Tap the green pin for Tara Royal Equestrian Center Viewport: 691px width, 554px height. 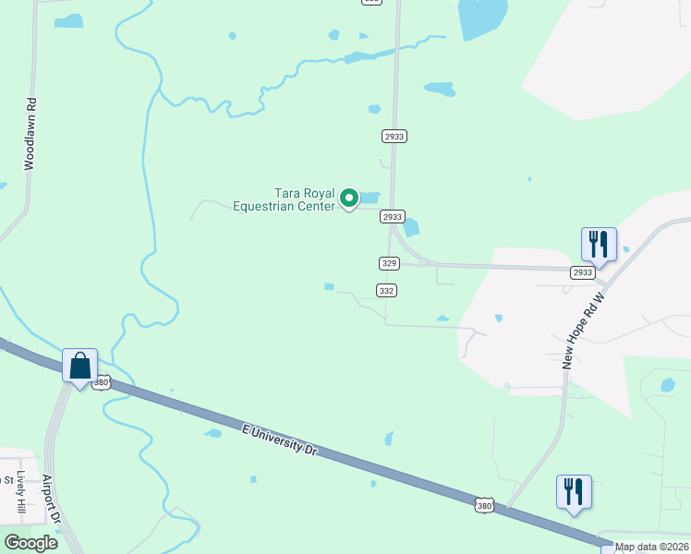point(349,198)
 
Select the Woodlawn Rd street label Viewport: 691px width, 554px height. point(30,135)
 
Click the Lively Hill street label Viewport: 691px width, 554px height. point(21,494)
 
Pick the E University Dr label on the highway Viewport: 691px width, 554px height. point(280,439)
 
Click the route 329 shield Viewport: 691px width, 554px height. point(389,263)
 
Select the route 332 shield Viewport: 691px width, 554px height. point(387,290)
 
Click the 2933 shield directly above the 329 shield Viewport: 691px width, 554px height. point(392,216)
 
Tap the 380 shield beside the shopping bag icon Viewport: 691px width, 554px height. point(102,381)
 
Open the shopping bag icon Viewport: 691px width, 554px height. point(80,366)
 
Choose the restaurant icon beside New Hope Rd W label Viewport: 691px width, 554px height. point(599,245)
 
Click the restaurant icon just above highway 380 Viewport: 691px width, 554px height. point(574,491)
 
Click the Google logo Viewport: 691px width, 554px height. point(30,543)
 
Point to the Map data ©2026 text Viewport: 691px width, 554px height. point(651,547)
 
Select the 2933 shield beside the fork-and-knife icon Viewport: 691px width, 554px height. point(582,272)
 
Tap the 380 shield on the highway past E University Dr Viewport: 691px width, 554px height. point(486,505)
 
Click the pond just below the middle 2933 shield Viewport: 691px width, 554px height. point(411,227)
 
